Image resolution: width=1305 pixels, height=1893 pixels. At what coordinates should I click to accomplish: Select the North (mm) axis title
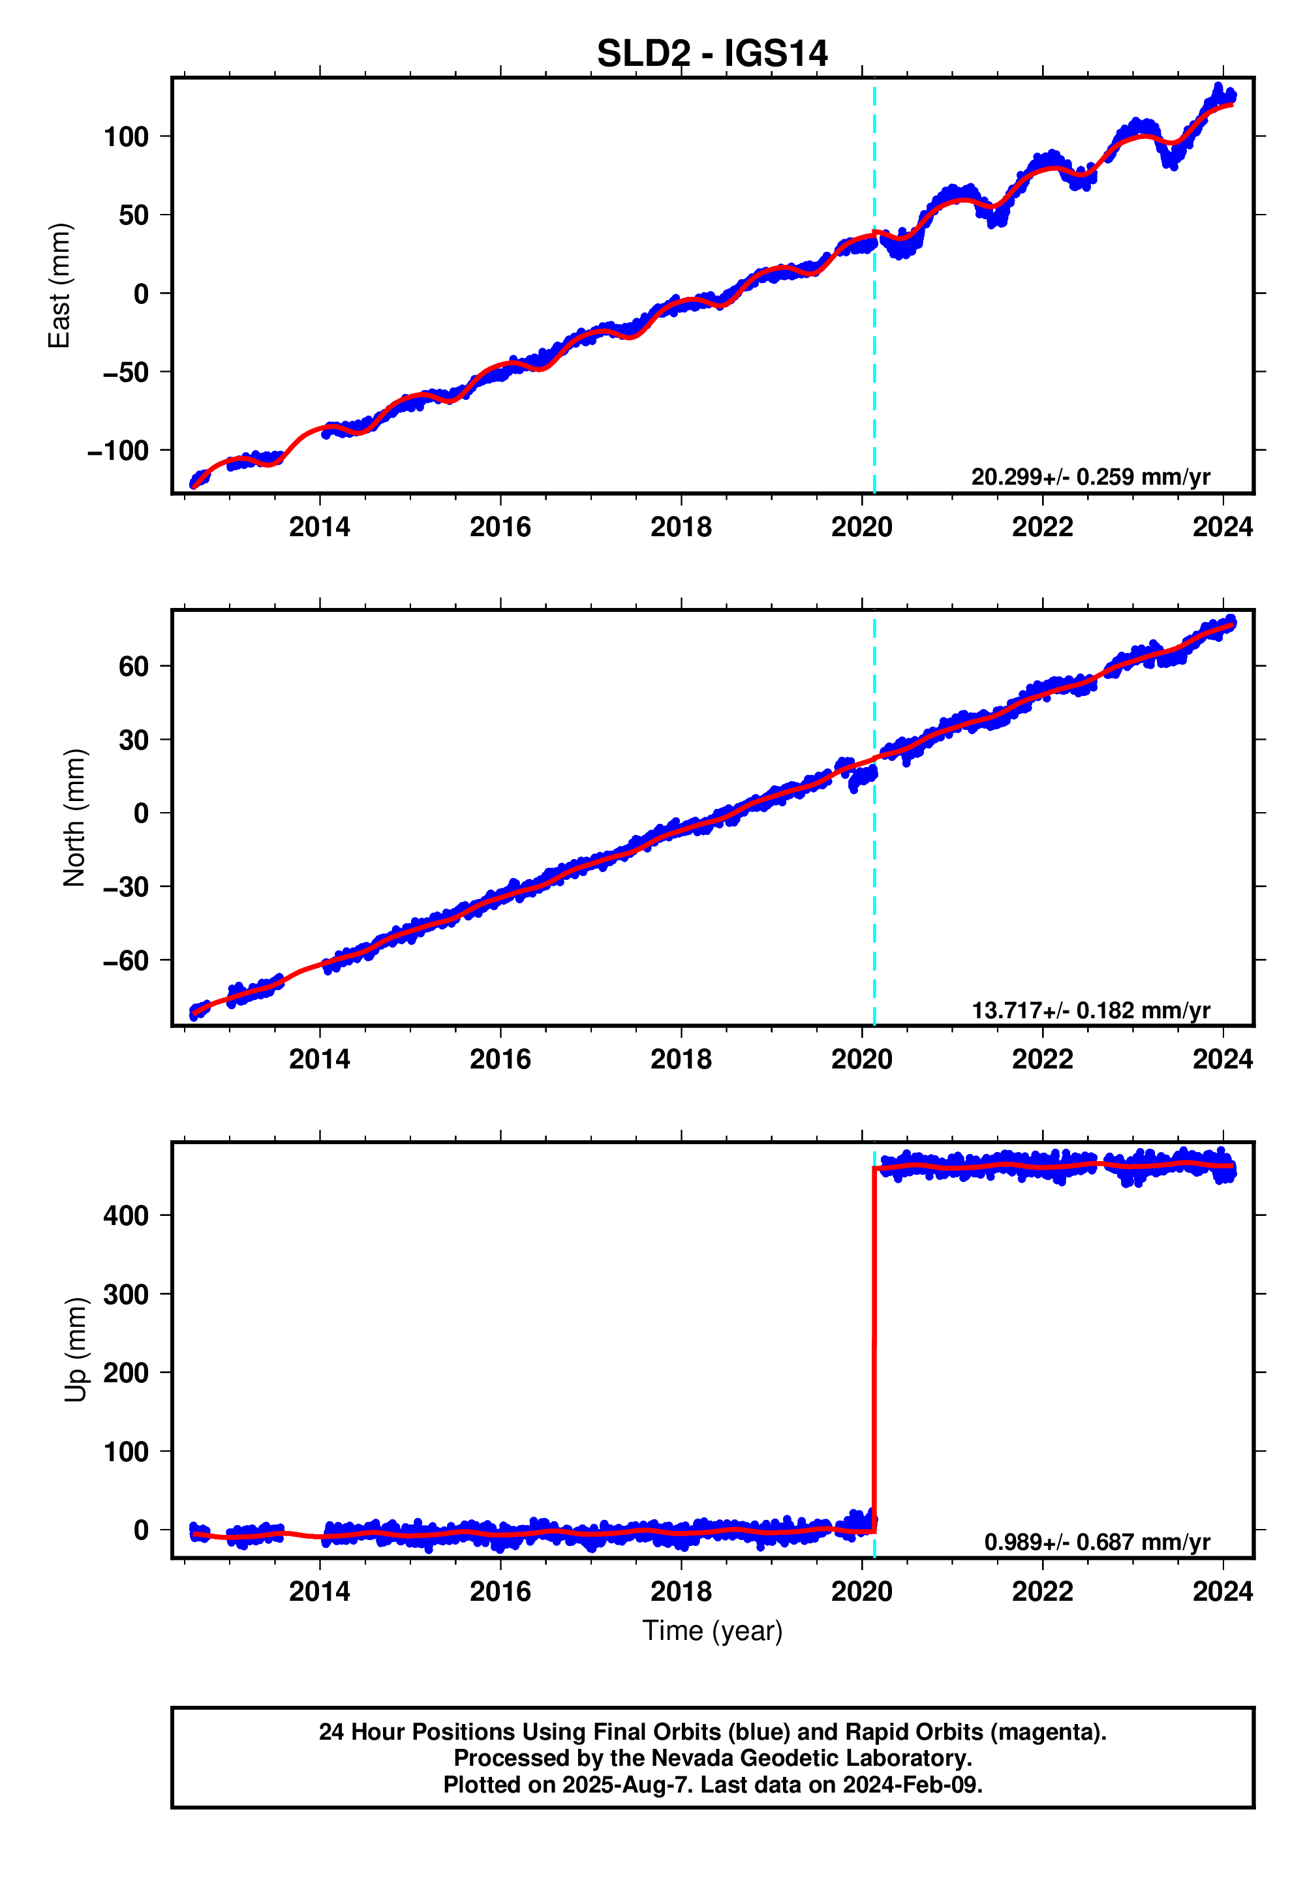pos(74,817)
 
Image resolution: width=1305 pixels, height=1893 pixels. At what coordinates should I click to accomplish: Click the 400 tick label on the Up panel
pos(126,1215)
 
